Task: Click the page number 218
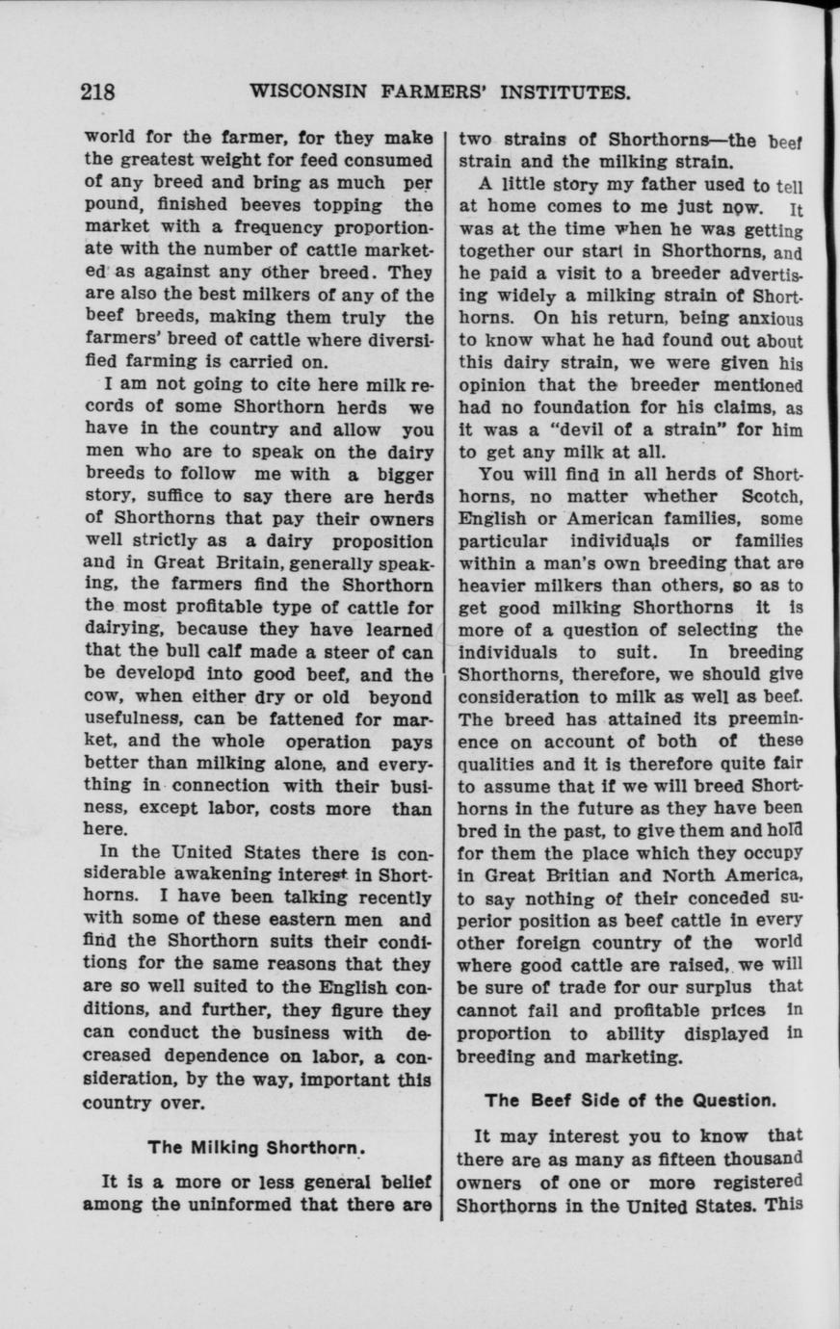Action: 98,93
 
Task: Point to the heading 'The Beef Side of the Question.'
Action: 629,1099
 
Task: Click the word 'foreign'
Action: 561,942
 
